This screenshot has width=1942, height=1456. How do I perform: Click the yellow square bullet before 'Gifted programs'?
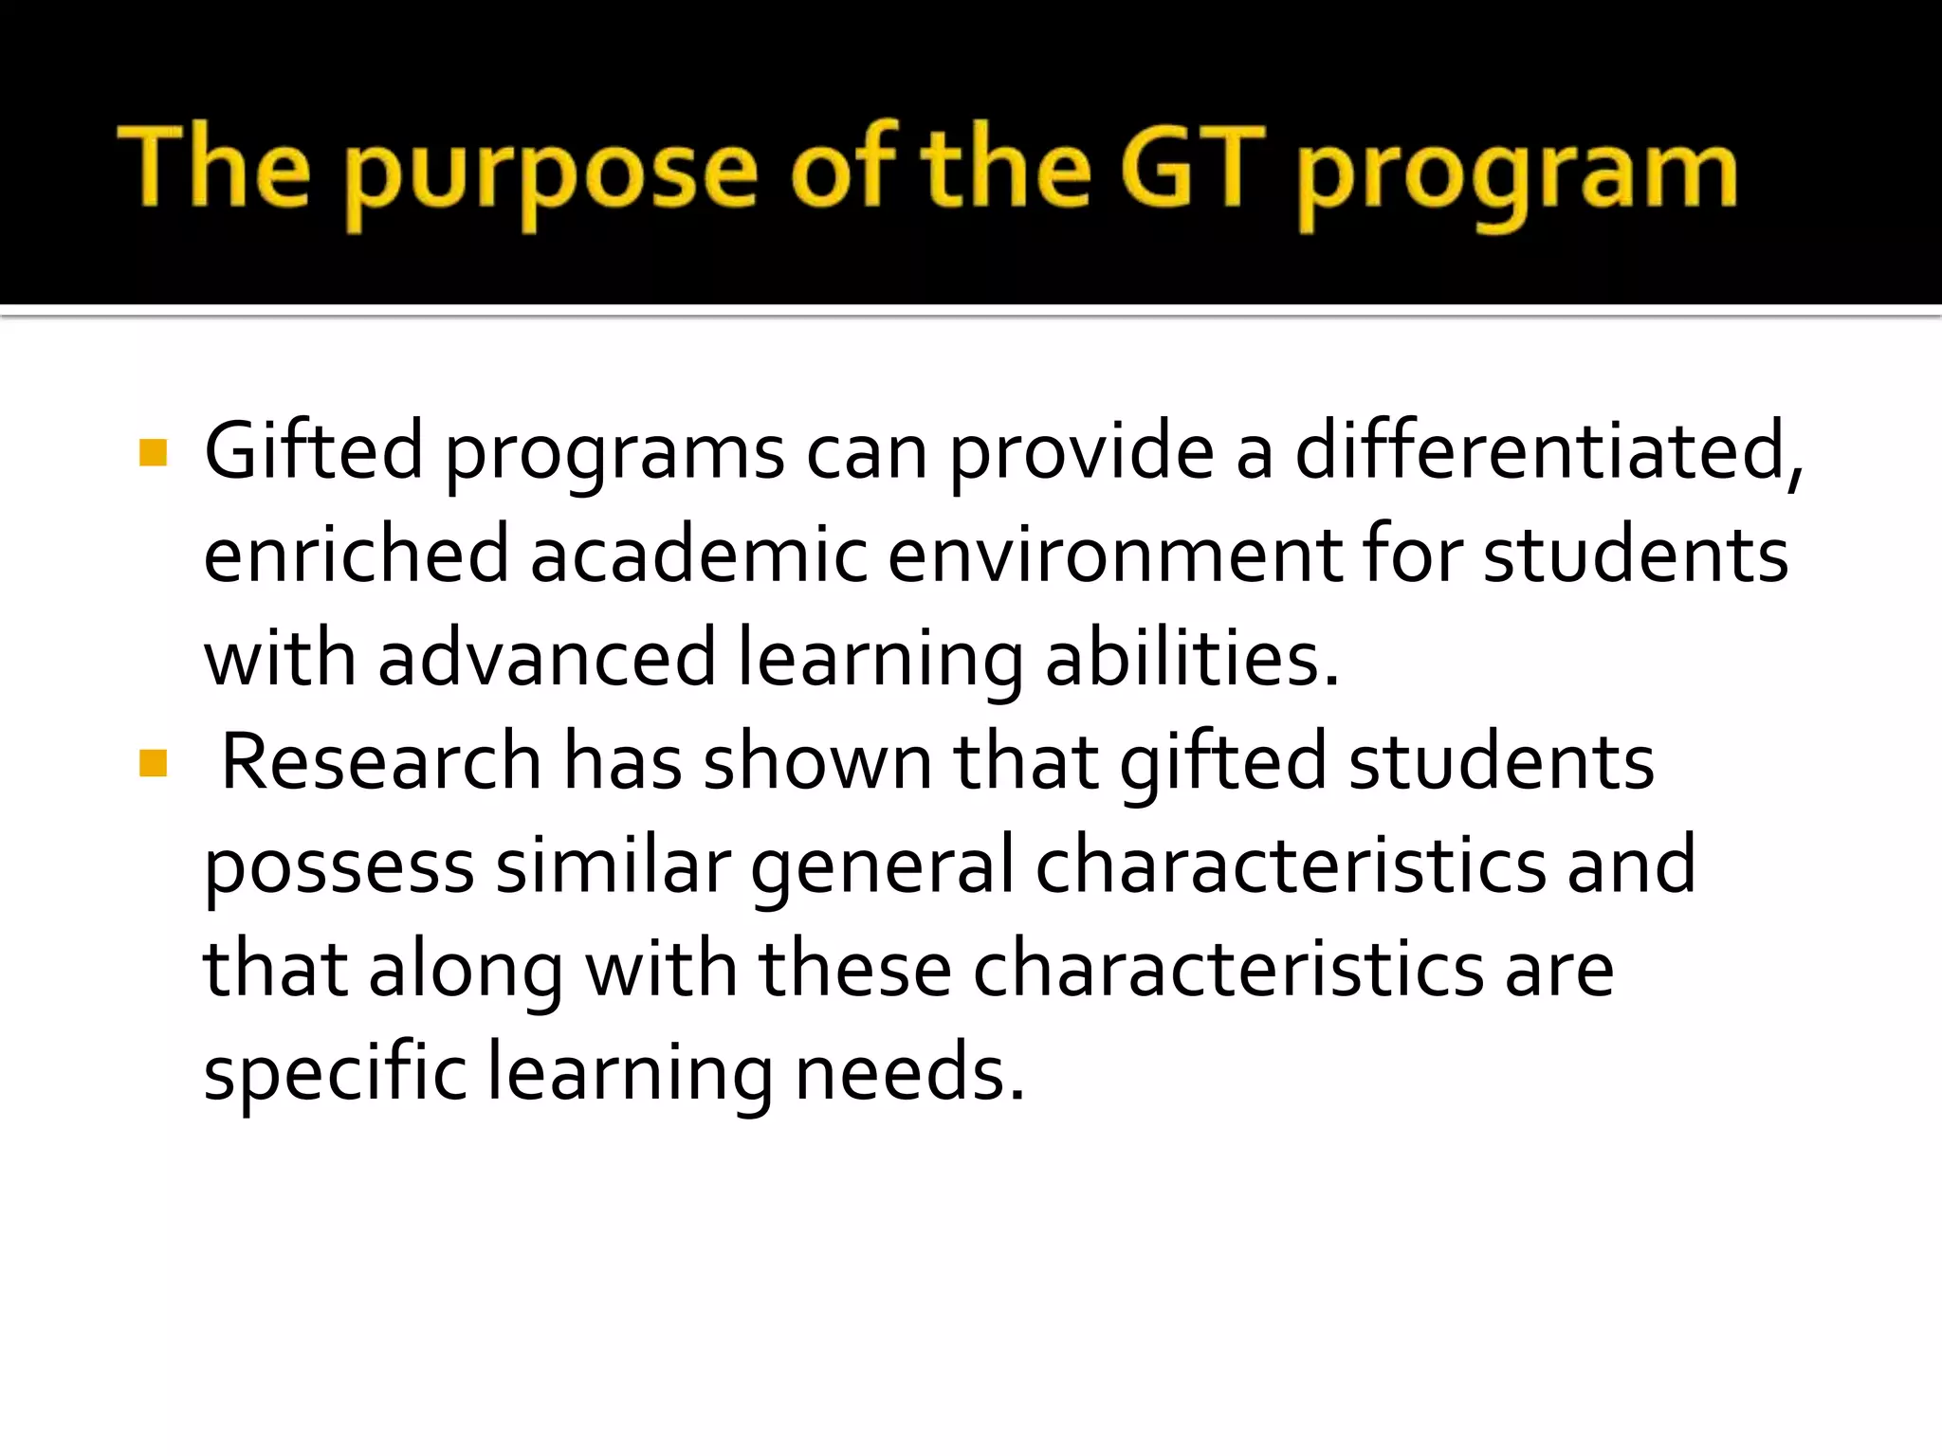pyautogui.click(x=153, y=453)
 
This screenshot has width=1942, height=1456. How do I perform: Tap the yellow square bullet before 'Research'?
pyautogui.click(x=153, y=763)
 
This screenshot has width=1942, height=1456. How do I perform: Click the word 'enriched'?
pyautogui.click(x=357, y=555)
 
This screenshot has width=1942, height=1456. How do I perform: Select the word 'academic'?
pyautogui.click(x=698, y=555)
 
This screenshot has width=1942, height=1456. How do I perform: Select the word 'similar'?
pyautogui.click(x=613, y=864)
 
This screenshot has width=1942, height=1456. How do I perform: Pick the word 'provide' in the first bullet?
pyautogui.click(x=1081, y=453)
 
